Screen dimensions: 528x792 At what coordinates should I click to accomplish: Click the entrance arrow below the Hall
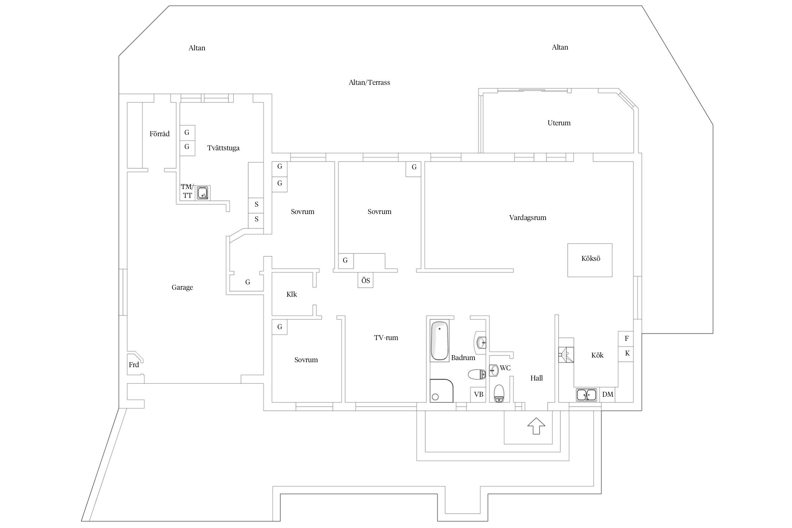(x=536, y=426)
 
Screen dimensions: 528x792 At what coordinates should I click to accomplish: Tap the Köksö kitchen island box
(x=590, y=260)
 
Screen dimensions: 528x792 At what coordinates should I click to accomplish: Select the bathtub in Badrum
(x=439, y=340)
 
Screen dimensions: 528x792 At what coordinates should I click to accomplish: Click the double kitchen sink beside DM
(x=586, y=395)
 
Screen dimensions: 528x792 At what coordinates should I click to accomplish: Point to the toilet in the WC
(x=499, y=393)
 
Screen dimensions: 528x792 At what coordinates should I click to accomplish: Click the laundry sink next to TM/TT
(x=202, y=193)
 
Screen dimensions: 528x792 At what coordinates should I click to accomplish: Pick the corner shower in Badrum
(x=441, y=390)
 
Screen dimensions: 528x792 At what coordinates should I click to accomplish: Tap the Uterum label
(x=559, y=123)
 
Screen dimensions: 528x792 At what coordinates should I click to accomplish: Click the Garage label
(x=182, y=287)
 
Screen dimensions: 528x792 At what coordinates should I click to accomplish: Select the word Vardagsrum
(x=527, y=218)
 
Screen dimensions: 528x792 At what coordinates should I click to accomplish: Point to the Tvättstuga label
(x=223, y=148)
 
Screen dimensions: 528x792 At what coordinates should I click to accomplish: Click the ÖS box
(x=365, y=281)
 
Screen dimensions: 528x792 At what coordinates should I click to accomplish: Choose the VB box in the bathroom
(x=478, y=394)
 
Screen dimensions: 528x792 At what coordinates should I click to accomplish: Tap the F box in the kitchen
(x=627, y=339)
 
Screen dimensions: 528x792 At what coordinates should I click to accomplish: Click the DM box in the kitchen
(x=608, y=395)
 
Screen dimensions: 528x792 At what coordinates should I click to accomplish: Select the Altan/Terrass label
(x=369, y=82)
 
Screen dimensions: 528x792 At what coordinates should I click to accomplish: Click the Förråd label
(x=159, y=134)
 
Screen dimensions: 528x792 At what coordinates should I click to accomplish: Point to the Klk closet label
(x=291, y=294)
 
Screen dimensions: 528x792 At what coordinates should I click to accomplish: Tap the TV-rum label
(x=386, y=338)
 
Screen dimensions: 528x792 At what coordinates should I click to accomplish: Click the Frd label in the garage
(x=134, y=365)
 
